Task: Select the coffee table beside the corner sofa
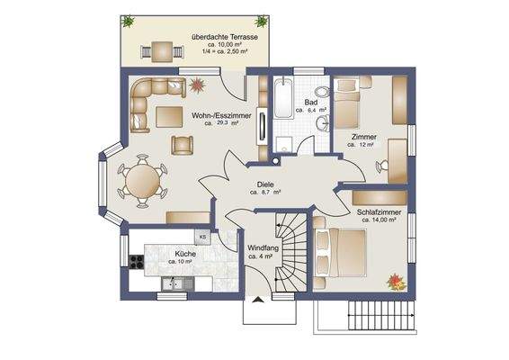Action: pos(168,116)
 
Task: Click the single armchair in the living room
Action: pos(183,144)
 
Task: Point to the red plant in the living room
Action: pos(198,85)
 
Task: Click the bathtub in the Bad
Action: pos(284,101)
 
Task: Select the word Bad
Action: pos(311,103)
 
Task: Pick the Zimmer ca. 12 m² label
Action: pos(364,142)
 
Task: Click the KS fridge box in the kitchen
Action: pos(202,238)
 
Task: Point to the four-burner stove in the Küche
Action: pos(137,263)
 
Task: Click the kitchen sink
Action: pos(174,284)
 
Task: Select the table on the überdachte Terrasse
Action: pos(160,49)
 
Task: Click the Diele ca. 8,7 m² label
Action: pos(265,187)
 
